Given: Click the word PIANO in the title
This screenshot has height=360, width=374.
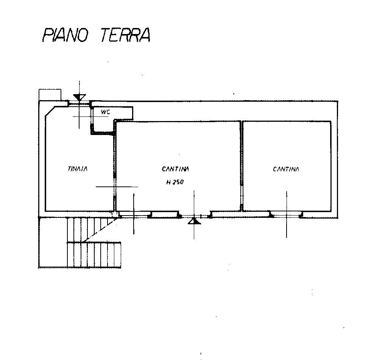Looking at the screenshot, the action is click(x=65, y=35).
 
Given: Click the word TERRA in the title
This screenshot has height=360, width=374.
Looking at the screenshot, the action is click(x=125, y=35).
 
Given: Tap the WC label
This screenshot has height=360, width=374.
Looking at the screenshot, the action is click(x=106, y=112).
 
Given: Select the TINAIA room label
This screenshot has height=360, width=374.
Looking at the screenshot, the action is click(x=78, y=169).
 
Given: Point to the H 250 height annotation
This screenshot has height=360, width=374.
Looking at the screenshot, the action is click(x=175, y=182).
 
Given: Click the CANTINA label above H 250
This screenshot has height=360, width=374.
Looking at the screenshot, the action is click(x=175, y=169).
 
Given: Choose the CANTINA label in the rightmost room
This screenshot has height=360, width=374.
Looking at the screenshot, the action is click(x=286, y=169).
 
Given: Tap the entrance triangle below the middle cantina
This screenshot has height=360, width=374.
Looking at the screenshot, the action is click(x=194, y=221).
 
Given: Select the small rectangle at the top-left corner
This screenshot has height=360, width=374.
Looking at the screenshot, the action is click(x=50, y=95).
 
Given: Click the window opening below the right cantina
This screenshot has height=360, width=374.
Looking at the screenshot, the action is click(x=286, y=215).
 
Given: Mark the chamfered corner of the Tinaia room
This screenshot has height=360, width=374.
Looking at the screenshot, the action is click(x=50, y=112).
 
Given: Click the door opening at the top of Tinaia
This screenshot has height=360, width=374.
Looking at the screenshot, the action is click(x=79, y=103).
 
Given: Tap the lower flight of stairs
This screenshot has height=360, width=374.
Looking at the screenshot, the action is click(x=94, y=255).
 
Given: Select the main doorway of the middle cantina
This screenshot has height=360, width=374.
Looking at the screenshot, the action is click(x=194, y=216).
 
